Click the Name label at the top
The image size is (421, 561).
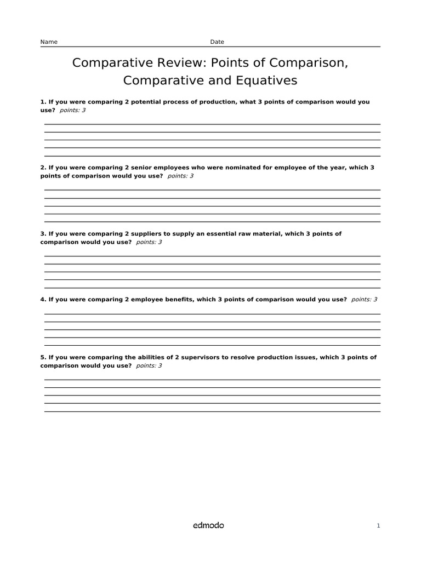pyautogui.click(x=49, y=42)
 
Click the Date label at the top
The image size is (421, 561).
pyautogui.click(x=217, y=42)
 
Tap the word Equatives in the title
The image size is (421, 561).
pyautogui.click(x=266, y=81)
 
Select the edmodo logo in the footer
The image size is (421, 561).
pyautogui.click(x=208, y=525)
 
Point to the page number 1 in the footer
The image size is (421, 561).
pyautogui.click(x=378, y=526)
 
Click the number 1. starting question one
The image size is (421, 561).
pyautogui.click(x=43, y=102)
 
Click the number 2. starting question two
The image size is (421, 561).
pyautogui.click(x=43, y=168)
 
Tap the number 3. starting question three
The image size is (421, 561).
pyautogui.click(x=43, y=234)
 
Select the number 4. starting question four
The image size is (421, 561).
pyautogui.click(x=43, y=300)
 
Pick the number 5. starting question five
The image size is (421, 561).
pyautogui.click(x=43, y=357)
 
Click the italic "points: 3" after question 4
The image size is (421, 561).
pyautogui.click(x=364, y=300)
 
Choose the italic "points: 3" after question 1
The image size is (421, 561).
pyautogui.click(x=72, y=110)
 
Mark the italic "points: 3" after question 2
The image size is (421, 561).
pyautogui.click(x=180, y=176)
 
